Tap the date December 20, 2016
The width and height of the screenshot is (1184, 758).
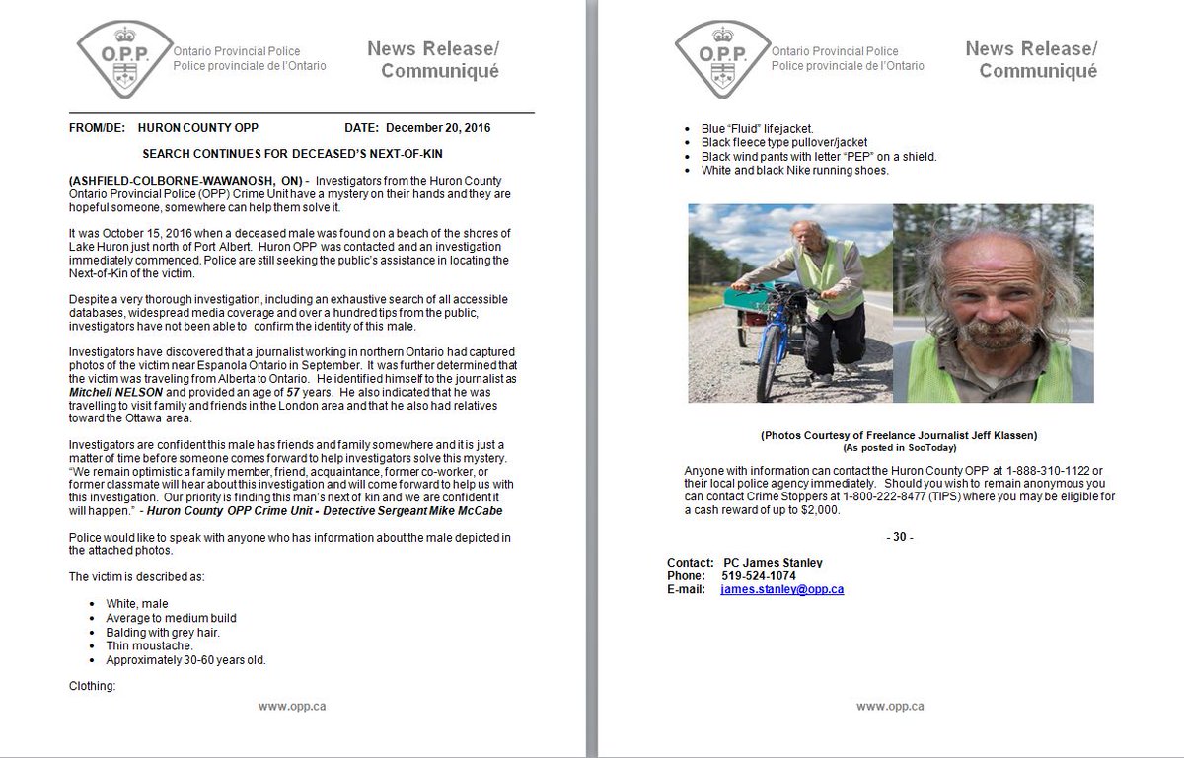pos(438,128)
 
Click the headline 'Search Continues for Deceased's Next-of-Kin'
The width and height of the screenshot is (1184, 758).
pos(302,155)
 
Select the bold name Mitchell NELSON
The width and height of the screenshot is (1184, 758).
pos(111,392)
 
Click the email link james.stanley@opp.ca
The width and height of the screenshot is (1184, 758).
pos(781,589)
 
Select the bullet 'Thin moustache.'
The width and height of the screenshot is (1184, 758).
pos(149,645)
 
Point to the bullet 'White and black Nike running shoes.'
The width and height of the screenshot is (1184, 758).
pos(794,170)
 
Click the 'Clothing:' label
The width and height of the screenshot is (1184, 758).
pos(93,685)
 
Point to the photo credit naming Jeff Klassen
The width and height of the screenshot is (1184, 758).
pos(899,435)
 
